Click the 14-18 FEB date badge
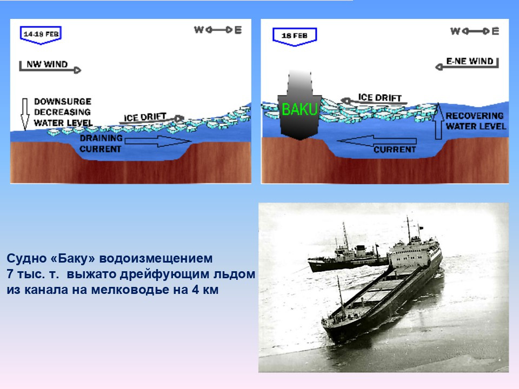tap(41, 35)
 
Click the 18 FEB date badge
tap(295, 36)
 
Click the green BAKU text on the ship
tap(300, 109)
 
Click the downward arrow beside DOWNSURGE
tap(25, 114)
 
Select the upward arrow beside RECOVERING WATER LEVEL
tap(438, 120)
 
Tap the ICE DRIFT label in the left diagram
tap(145, 117)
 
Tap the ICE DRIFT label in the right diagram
tap(380, 98)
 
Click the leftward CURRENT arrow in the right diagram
tap(377, 141)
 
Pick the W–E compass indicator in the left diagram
tap(218, 30)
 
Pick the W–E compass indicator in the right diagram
tap(475, 31)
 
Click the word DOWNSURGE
tap(63, 101)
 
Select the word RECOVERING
tap(474, 116)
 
